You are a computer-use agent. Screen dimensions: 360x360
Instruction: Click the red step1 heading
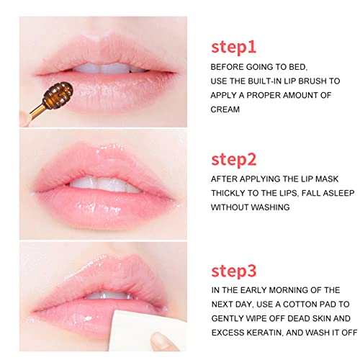(x=235, y=47)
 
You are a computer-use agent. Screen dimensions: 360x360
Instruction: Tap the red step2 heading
(x=235, y=159)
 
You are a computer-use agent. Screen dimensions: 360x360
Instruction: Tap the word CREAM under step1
(x=226, y=110)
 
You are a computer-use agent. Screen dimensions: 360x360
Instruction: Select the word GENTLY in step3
(x=229, y=319)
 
